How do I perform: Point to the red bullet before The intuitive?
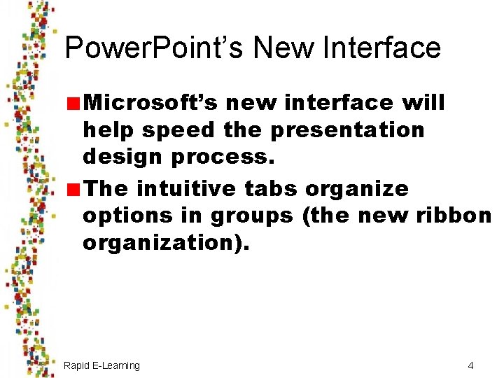[73, 190]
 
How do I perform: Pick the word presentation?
[347, 130]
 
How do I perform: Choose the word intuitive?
[188, 188]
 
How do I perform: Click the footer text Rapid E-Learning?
[101, 365]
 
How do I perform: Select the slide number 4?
[471, 365]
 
